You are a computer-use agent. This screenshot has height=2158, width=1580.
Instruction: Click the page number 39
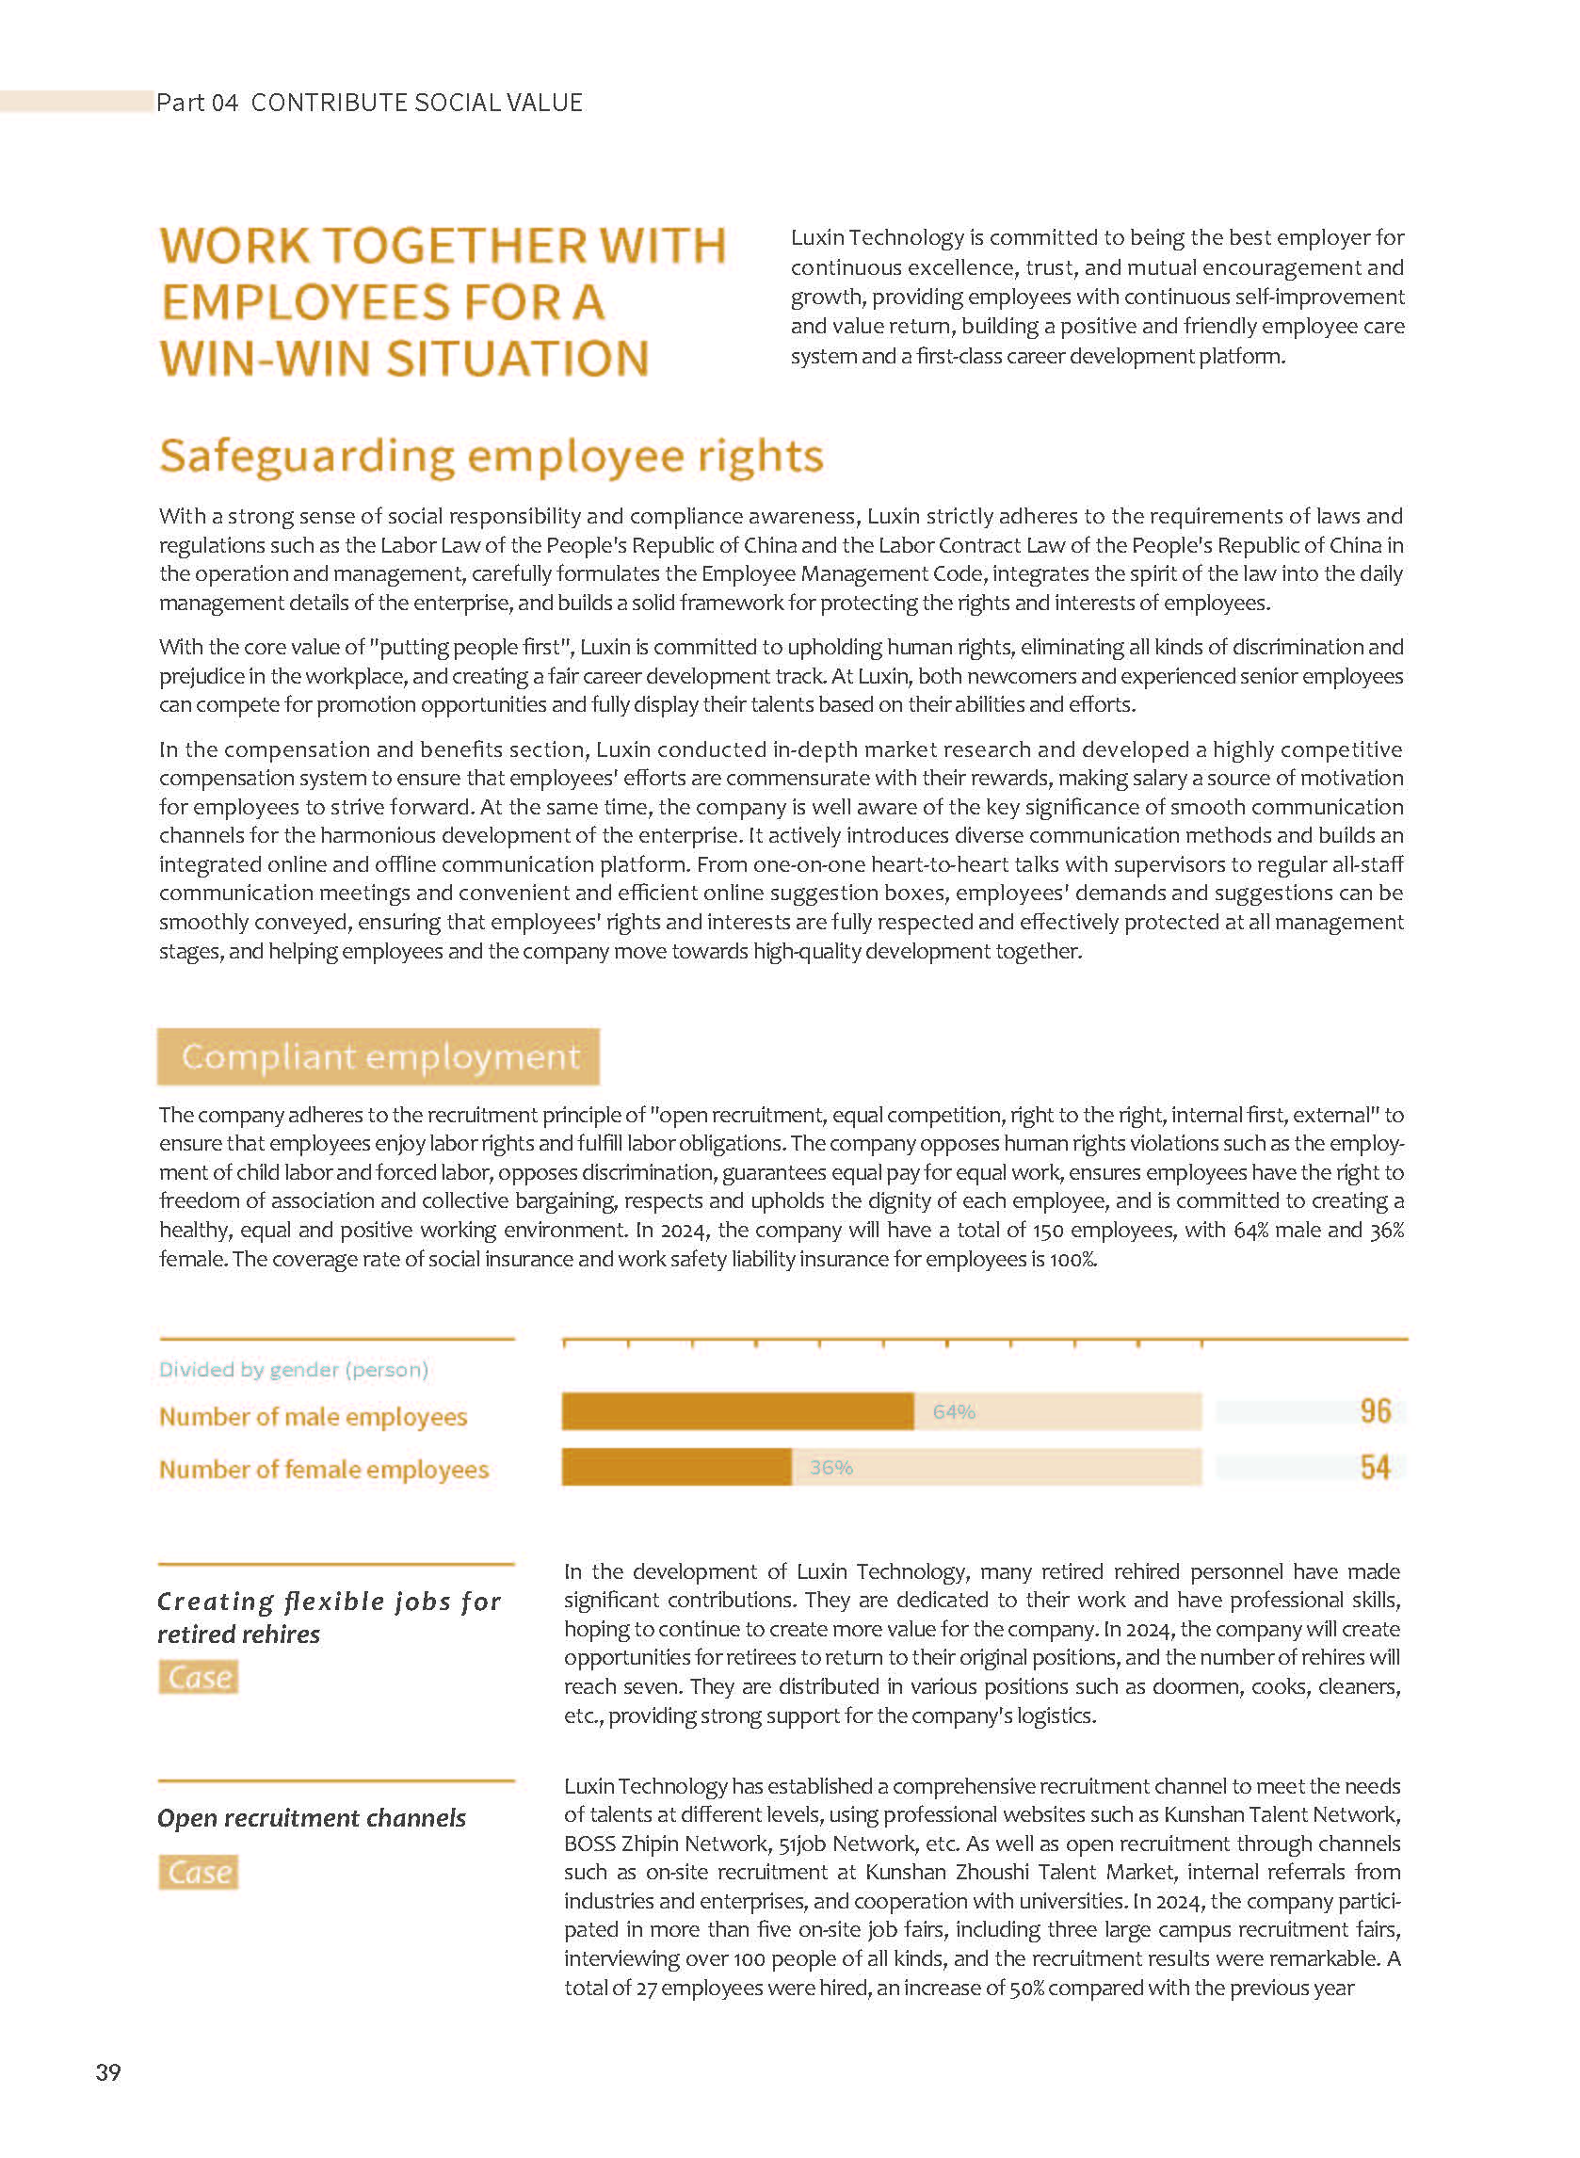(x=108, y=2072)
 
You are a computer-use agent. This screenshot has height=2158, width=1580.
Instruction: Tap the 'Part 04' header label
(x=197, y=103)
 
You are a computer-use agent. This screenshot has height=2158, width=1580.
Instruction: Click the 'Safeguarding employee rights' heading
(x=491, y=456)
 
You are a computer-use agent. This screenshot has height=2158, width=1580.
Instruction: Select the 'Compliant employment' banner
(x=379, y=1056)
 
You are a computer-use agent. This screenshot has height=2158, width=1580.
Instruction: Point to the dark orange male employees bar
(x=737, y=1411)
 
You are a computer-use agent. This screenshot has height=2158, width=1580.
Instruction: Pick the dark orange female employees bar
(x=676, y=1467)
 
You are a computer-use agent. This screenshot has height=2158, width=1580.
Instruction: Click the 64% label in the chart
(x=954, y=1411)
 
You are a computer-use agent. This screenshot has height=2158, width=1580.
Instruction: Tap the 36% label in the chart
(x=830, y=1467)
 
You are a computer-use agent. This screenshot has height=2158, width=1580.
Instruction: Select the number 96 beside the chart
(x=1375, y=1411)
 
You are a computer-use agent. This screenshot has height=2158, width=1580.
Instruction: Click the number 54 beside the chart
(x=1375, y=1467)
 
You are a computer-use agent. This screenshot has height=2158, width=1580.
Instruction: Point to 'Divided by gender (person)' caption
(x=294, y=1369)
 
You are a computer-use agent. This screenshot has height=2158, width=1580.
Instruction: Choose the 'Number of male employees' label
(x=313, y=1416)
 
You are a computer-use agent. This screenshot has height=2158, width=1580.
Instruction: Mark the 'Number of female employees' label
(x=323, y=1469)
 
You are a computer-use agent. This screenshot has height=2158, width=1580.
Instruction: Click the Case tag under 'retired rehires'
(x=199, y=1677)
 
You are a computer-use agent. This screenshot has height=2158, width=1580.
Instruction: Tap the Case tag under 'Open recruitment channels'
(x=199, y=1872)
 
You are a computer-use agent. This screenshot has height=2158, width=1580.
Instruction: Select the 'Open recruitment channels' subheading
(x=312, y=1817)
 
